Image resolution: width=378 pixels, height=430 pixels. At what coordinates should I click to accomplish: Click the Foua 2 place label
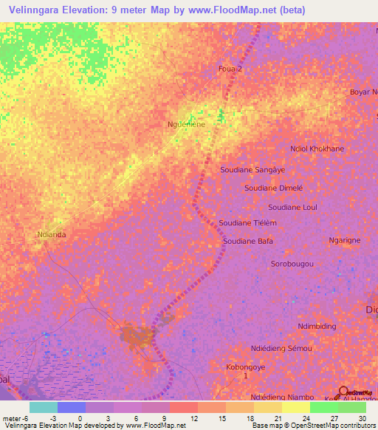point(230,69)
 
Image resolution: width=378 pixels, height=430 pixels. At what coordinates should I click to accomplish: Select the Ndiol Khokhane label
point(317,149)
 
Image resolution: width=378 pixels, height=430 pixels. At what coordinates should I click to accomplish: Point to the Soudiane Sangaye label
point(252,169)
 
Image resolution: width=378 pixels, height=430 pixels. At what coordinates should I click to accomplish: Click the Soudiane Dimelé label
point(275,188)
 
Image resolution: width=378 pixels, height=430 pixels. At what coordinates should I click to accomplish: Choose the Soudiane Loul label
point(292,208)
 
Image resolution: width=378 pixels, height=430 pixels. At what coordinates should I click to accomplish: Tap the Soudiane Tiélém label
point(248,223)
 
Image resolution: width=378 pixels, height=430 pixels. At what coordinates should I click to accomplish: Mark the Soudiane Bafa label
point(249,241)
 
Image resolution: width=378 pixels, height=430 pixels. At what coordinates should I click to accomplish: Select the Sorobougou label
point(292,264)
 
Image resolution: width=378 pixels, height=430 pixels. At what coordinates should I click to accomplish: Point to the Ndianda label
point(51,236)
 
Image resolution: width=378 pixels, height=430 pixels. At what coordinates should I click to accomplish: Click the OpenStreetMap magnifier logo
point(344,392)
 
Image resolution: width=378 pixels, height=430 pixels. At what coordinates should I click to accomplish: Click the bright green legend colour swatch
point(323,407)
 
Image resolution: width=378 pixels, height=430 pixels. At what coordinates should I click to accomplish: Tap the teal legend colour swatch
point(43,407)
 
